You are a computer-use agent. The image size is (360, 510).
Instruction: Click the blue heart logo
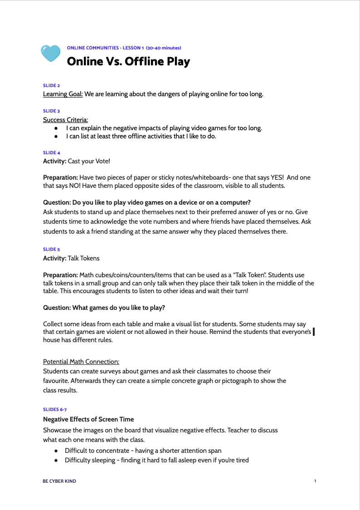coord(50,54)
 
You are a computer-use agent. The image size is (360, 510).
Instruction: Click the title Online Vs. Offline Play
coord(128,61)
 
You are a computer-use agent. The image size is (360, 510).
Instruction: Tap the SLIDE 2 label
coord(51,85)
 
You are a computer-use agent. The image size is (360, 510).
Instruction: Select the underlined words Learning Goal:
coord(63,94)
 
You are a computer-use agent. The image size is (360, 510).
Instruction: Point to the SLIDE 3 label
coord(51,111)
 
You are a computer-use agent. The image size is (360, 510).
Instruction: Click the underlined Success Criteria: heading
coord(65,120)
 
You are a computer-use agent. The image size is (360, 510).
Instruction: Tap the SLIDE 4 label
coord(51,152)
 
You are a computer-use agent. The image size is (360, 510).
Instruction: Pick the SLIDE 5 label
coord(51,249)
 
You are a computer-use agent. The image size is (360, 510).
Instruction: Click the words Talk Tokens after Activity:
coord(83,258)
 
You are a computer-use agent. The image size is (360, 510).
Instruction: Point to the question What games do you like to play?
coord(104,308)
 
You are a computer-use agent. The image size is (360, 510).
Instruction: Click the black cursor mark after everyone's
coord(314,333)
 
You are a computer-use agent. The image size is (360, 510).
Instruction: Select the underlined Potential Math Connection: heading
coord(81,362)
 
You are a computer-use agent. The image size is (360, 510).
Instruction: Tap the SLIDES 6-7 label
coord(54,409)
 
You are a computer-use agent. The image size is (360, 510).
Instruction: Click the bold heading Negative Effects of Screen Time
coord(88,419)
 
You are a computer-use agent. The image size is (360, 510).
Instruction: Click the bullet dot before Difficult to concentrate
coord(56,451)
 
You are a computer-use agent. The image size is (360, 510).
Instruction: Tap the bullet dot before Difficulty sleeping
coord(56,460)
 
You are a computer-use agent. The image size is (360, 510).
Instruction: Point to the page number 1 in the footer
coord(315,481)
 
